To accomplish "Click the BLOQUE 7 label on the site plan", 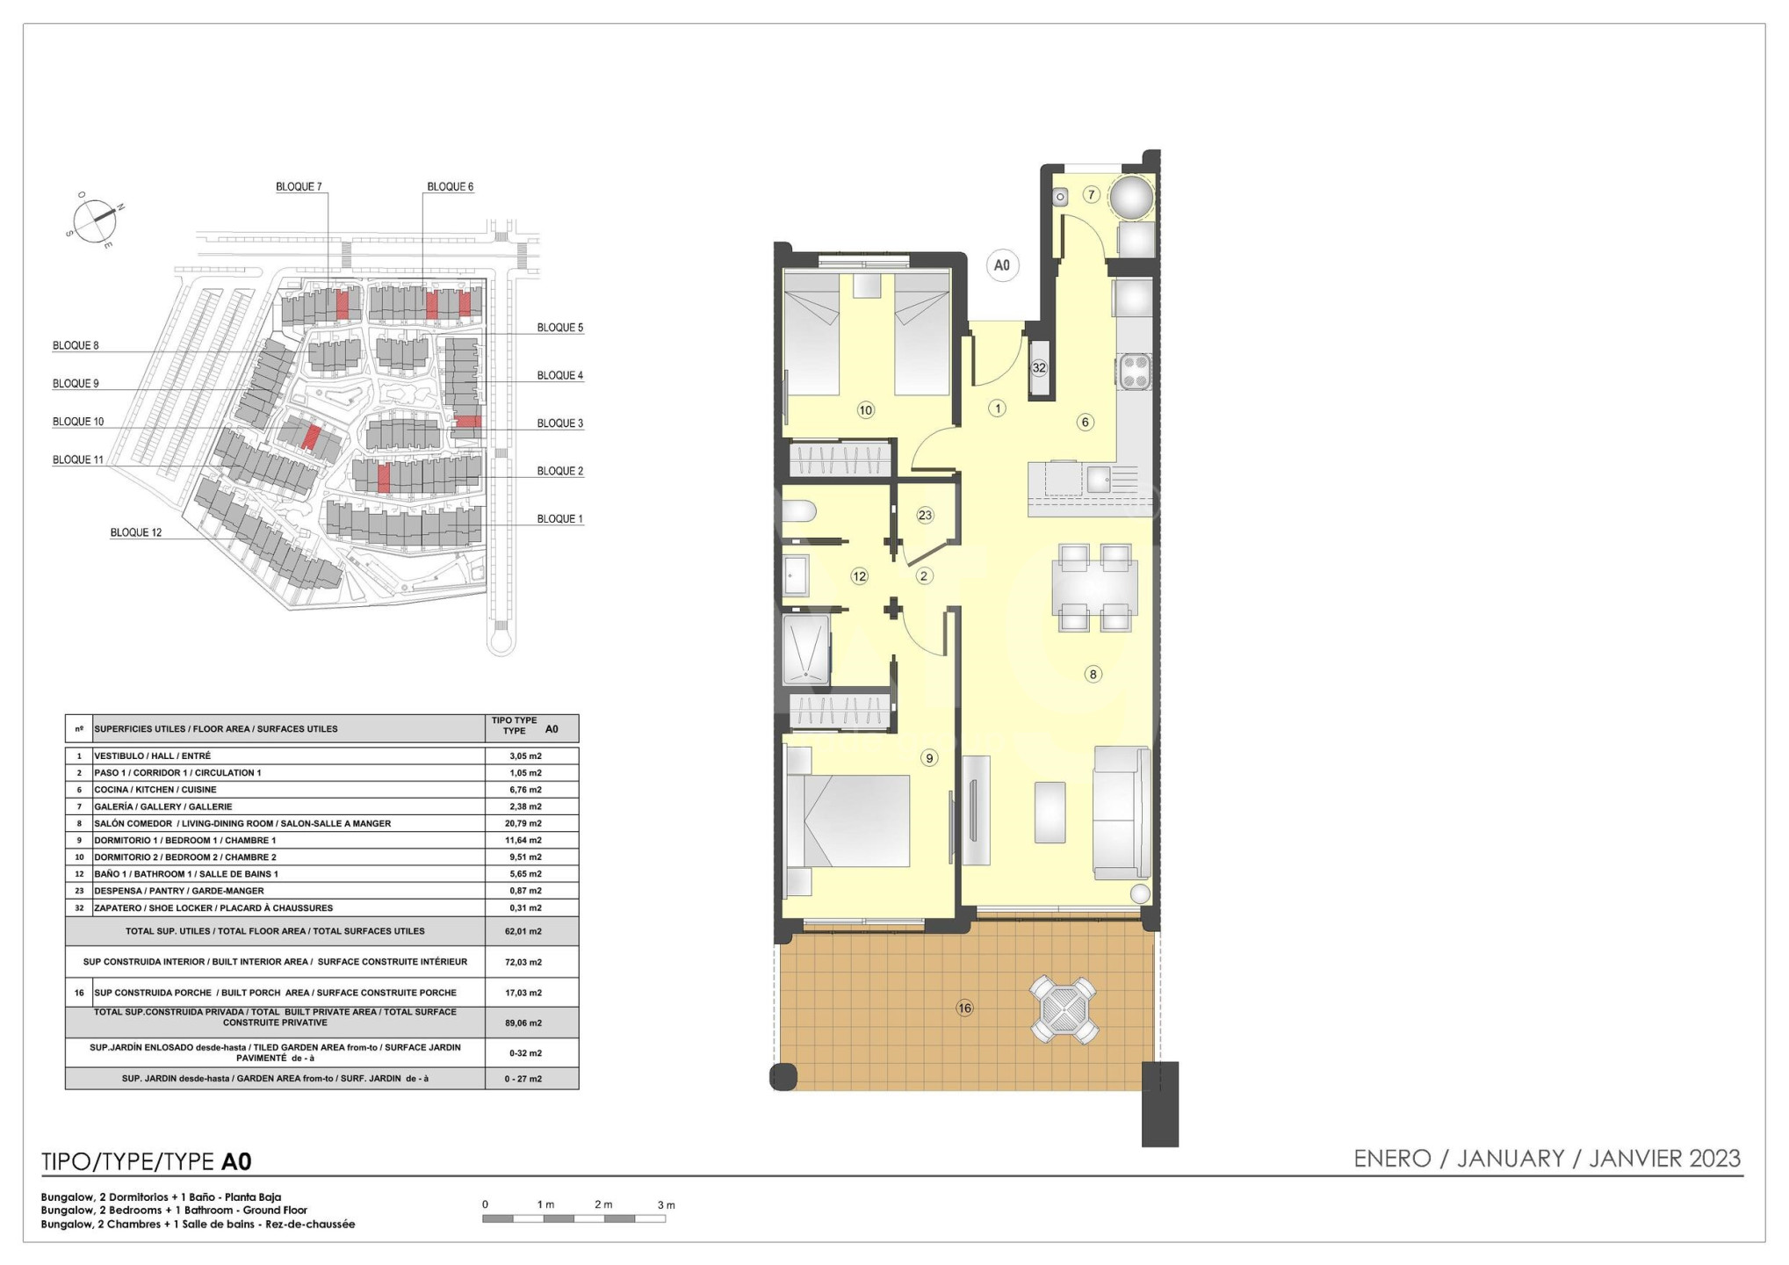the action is (x=299, y=187).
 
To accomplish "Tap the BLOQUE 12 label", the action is (x=136, y=533).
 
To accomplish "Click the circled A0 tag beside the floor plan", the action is (x=1002, y=265).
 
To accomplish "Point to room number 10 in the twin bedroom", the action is (x=866, y=410).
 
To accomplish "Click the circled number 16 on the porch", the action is (x=964, y=1008).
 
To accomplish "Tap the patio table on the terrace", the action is (x=1063, y=1008).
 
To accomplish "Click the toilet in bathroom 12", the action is (x=799, y=510).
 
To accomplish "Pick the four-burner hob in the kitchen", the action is (x=1133, y=371).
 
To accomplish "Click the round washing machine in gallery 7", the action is (x=1130, y=198).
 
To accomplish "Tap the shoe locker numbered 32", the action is (x=1039, y=368).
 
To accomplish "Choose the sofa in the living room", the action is (x=1121, y=813).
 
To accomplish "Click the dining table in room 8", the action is (x=1094, y=587).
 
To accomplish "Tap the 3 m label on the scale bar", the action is (x=666, y=1204).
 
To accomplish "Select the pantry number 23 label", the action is (x=925, y=516).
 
